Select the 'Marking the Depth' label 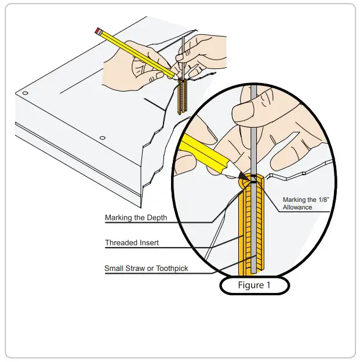(x=136, y=218)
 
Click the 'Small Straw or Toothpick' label (x=146, y=269)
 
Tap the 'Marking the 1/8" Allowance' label (x=306, y=203)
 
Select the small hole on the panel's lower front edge (x=102, y=137)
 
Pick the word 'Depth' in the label (x=157, y=218)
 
